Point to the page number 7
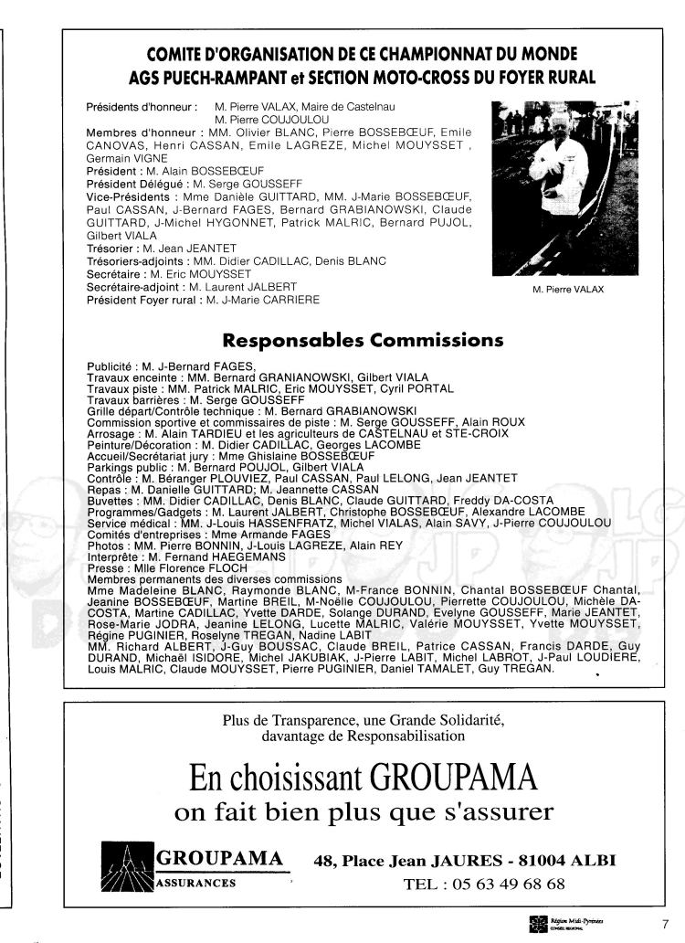(665, 921)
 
